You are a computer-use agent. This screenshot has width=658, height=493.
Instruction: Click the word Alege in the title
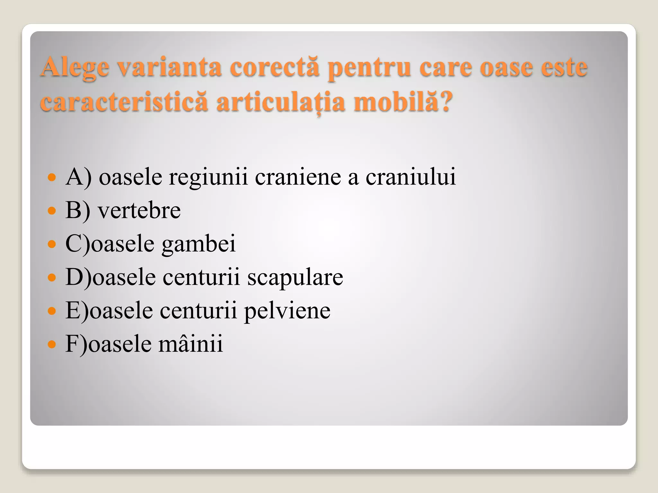[75, 68]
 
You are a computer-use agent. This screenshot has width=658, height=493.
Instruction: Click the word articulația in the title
[281, 102]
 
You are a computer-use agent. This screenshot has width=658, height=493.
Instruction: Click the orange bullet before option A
[51, 177]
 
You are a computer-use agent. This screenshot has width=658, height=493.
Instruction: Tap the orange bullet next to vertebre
[51, 211]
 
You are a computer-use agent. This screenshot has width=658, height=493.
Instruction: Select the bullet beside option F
[51, 344]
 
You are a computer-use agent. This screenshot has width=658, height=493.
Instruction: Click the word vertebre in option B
[139, 211]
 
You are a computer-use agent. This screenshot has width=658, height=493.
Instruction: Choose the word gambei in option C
[199, 244]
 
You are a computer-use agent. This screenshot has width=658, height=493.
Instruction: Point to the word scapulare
[295, 277]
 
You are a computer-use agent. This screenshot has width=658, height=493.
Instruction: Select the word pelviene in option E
[287, 311]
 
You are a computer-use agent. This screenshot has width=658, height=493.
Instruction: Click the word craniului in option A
[411, 177]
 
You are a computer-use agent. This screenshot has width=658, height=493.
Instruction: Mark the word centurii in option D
[201, 277]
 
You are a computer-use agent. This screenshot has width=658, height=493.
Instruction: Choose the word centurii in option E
[198, 311]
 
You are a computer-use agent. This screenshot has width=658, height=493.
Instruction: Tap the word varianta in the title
[169, 67]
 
